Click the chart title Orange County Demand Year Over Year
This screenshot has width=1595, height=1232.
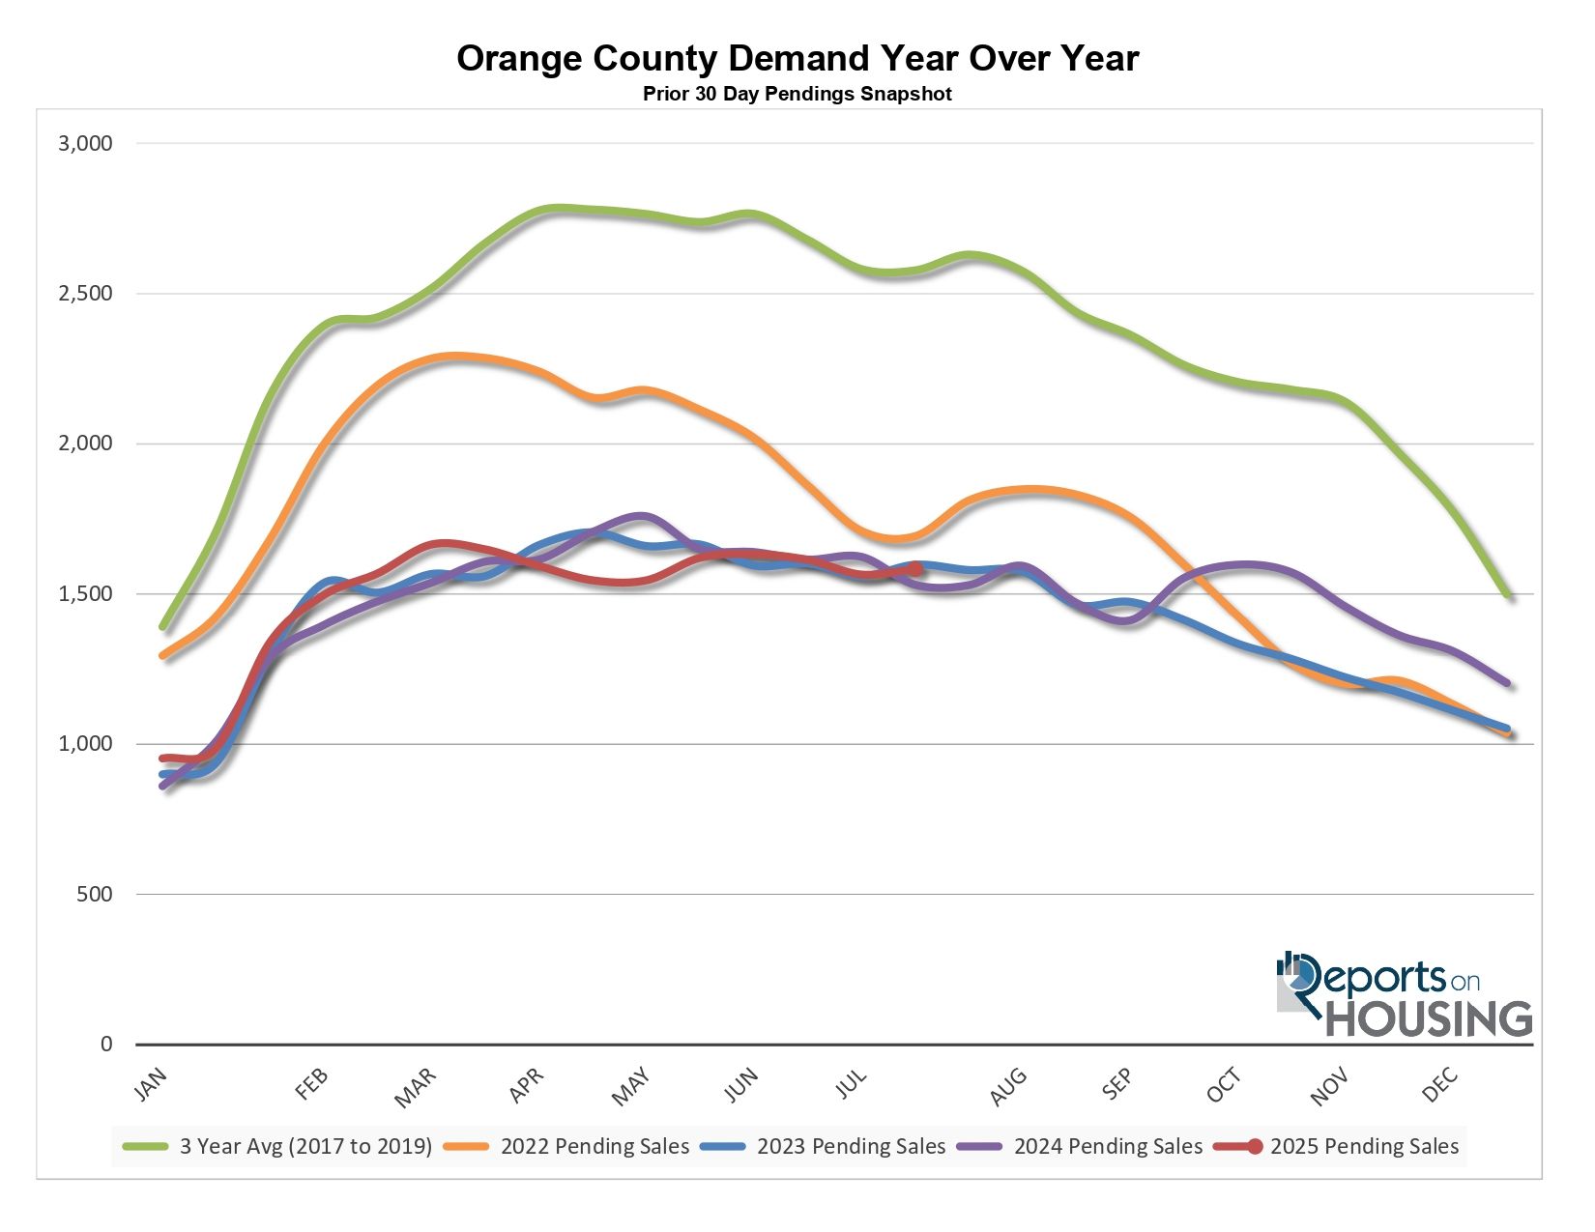[797, 59]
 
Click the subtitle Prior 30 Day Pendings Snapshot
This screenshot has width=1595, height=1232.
[797, 95]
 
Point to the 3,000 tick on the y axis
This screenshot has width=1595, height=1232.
[86, 144]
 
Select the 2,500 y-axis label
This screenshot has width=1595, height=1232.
[86, 294]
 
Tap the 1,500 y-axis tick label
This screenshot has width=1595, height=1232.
[86, 594]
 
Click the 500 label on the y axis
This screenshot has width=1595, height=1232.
[94, 895]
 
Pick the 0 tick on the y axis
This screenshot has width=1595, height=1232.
[106, 1045]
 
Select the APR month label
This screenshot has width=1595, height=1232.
[527, 1086]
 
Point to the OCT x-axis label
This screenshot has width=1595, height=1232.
[1223, 1086]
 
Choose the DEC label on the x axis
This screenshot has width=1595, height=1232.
[1439, 1086]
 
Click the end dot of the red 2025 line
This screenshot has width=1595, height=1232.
[916, 569]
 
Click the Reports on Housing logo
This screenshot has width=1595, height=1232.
[1404, 995]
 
